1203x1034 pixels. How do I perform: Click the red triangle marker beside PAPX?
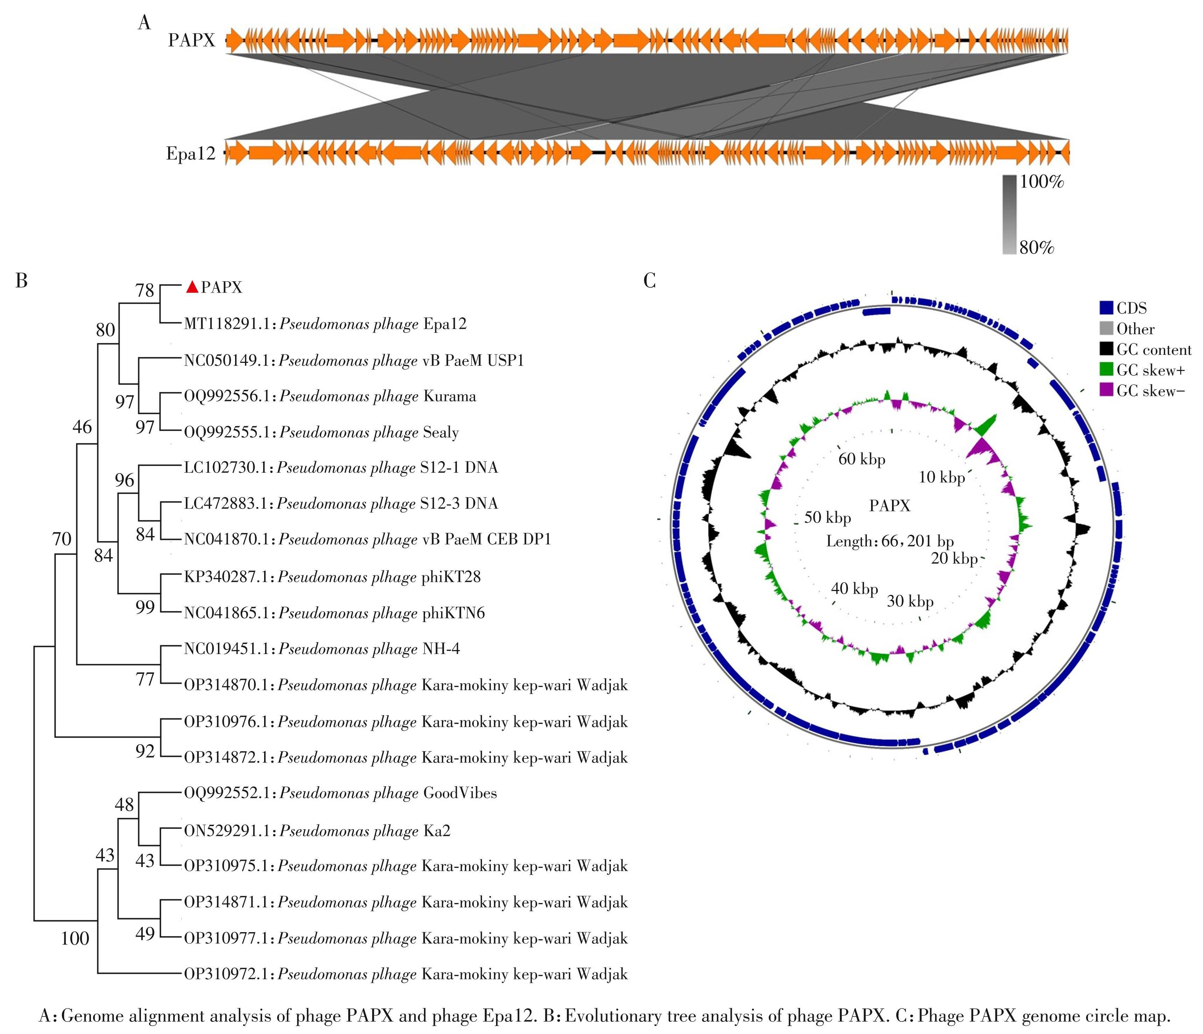192,287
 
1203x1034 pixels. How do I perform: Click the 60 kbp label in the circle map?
862,459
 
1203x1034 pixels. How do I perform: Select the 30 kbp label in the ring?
910,601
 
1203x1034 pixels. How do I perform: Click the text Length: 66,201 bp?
890,541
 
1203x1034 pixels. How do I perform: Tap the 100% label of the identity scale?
1042,182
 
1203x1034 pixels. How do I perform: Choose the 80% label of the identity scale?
1036,248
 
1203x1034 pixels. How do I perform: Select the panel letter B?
21,281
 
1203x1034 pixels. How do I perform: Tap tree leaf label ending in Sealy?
321,433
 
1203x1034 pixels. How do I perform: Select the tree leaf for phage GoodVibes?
340,794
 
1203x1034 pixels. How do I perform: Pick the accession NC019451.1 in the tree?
228,649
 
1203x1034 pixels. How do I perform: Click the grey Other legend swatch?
1106,329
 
